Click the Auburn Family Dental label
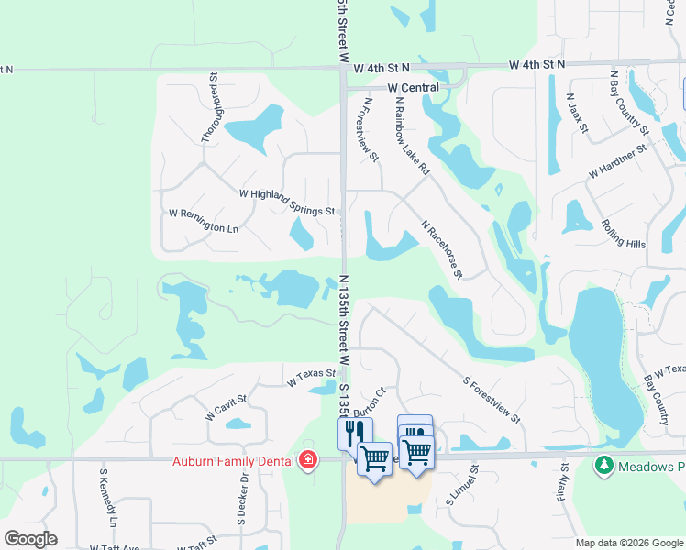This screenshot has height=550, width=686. pos(234,459)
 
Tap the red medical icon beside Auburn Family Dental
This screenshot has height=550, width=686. pos(307,459)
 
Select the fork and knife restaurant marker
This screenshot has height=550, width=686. pos(355,433)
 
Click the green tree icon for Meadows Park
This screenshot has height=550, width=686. pos(603,466)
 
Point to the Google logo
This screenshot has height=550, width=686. pos(30,539)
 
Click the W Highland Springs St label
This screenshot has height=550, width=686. pos(286,202)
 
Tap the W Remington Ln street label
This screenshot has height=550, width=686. pos(203,220)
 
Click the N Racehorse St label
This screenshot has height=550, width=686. pos(442,248)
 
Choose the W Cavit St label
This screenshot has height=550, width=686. pos(227,407)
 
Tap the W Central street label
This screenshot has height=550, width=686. pos(414,88)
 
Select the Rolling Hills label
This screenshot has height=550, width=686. pos(624,233)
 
